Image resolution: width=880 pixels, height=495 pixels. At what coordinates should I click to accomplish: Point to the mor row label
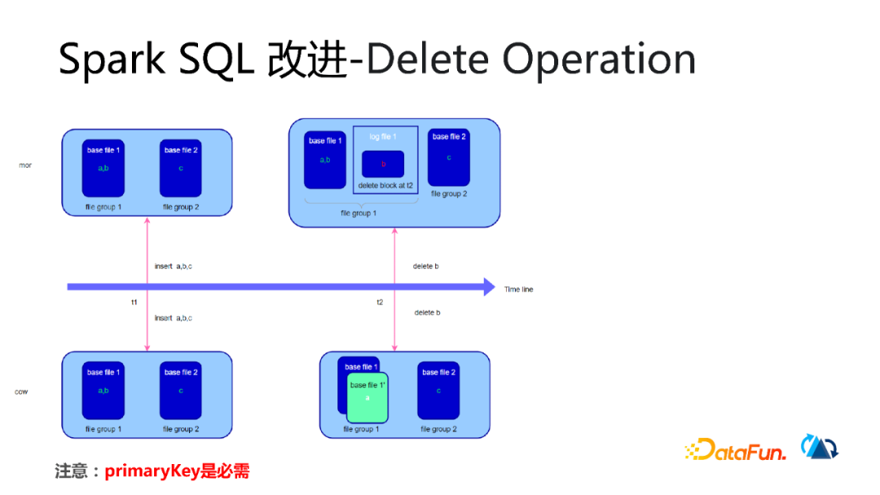point(25,165)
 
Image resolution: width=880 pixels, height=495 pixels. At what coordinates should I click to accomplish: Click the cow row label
point(22,392)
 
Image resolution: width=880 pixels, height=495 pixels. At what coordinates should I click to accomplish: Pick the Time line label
point(518,289)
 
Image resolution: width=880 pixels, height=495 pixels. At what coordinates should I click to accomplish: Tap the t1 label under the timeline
point(134,302)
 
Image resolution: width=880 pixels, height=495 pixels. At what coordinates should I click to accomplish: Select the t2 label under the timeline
point(380,302)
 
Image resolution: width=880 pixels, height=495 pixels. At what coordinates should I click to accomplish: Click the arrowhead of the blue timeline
point(488,287)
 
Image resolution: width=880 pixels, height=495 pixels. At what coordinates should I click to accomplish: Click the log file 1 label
point(383,137)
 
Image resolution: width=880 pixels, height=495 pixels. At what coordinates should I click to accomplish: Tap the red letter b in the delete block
point(383,164)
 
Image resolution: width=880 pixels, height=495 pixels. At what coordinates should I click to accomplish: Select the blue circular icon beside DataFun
point(820,447)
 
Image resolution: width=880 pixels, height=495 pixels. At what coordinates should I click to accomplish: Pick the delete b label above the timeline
point(426,266)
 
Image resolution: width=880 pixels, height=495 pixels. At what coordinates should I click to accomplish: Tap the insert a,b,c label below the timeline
point(174,318)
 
